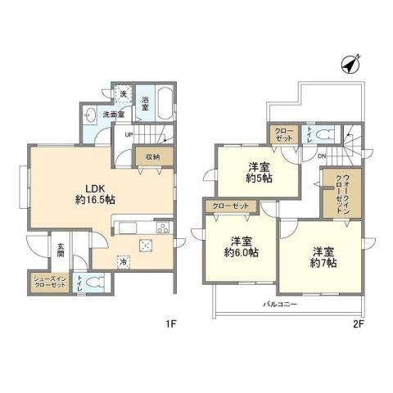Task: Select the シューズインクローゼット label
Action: click(47, 282)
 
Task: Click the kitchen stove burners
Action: click(163, 228)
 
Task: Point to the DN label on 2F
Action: click(322, 156)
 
